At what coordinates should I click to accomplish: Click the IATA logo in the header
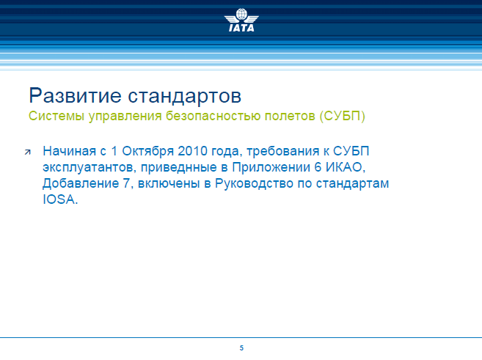click(241, 20)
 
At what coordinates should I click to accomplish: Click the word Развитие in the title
click(76, 96)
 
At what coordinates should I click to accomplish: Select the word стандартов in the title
click(184, 97)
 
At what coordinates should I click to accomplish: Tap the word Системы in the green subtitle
click(56, 116)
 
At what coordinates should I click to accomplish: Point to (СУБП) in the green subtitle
click(343, 116)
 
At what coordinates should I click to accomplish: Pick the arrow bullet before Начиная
click(28, 152)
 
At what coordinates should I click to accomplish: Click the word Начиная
click(69, 151)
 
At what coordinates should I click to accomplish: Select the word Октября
click(148, 151)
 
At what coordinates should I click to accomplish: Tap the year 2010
click(192, 151)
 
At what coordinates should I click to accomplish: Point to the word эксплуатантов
click(90, 168)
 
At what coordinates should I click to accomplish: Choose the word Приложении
click(271, 167)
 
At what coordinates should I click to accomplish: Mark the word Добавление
click(81, 183)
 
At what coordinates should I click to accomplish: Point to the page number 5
click(241, 348)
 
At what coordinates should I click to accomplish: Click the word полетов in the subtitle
click(290, 116)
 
